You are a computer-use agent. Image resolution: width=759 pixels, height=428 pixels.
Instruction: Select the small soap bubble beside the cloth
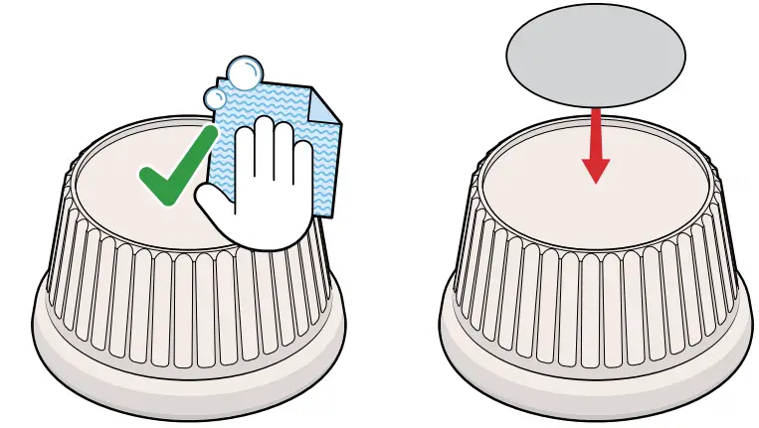point(216,96)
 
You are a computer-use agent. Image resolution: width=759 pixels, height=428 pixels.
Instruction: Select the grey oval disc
point(595,55)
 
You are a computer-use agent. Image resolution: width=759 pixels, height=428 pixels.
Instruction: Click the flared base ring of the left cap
point(189,362)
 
